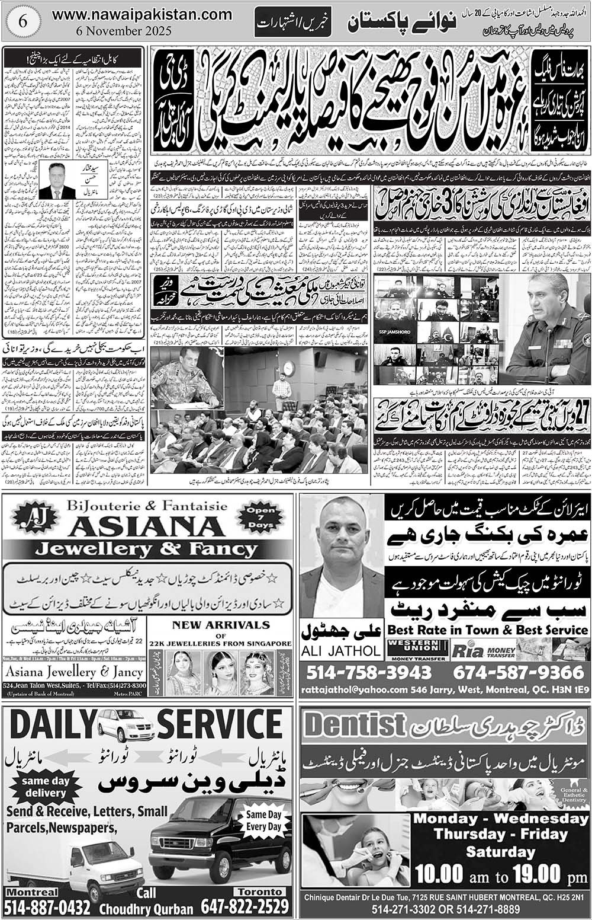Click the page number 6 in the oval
point(23,21)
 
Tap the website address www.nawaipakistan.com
point(142,14)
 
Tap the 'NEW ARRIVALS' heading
point(220,625)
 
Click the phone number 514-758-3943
point(369,673)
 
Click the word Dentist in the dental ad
point(355,725)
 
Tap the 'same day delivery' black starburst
point(45,787)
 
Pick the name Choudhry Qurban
point(146,909)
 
